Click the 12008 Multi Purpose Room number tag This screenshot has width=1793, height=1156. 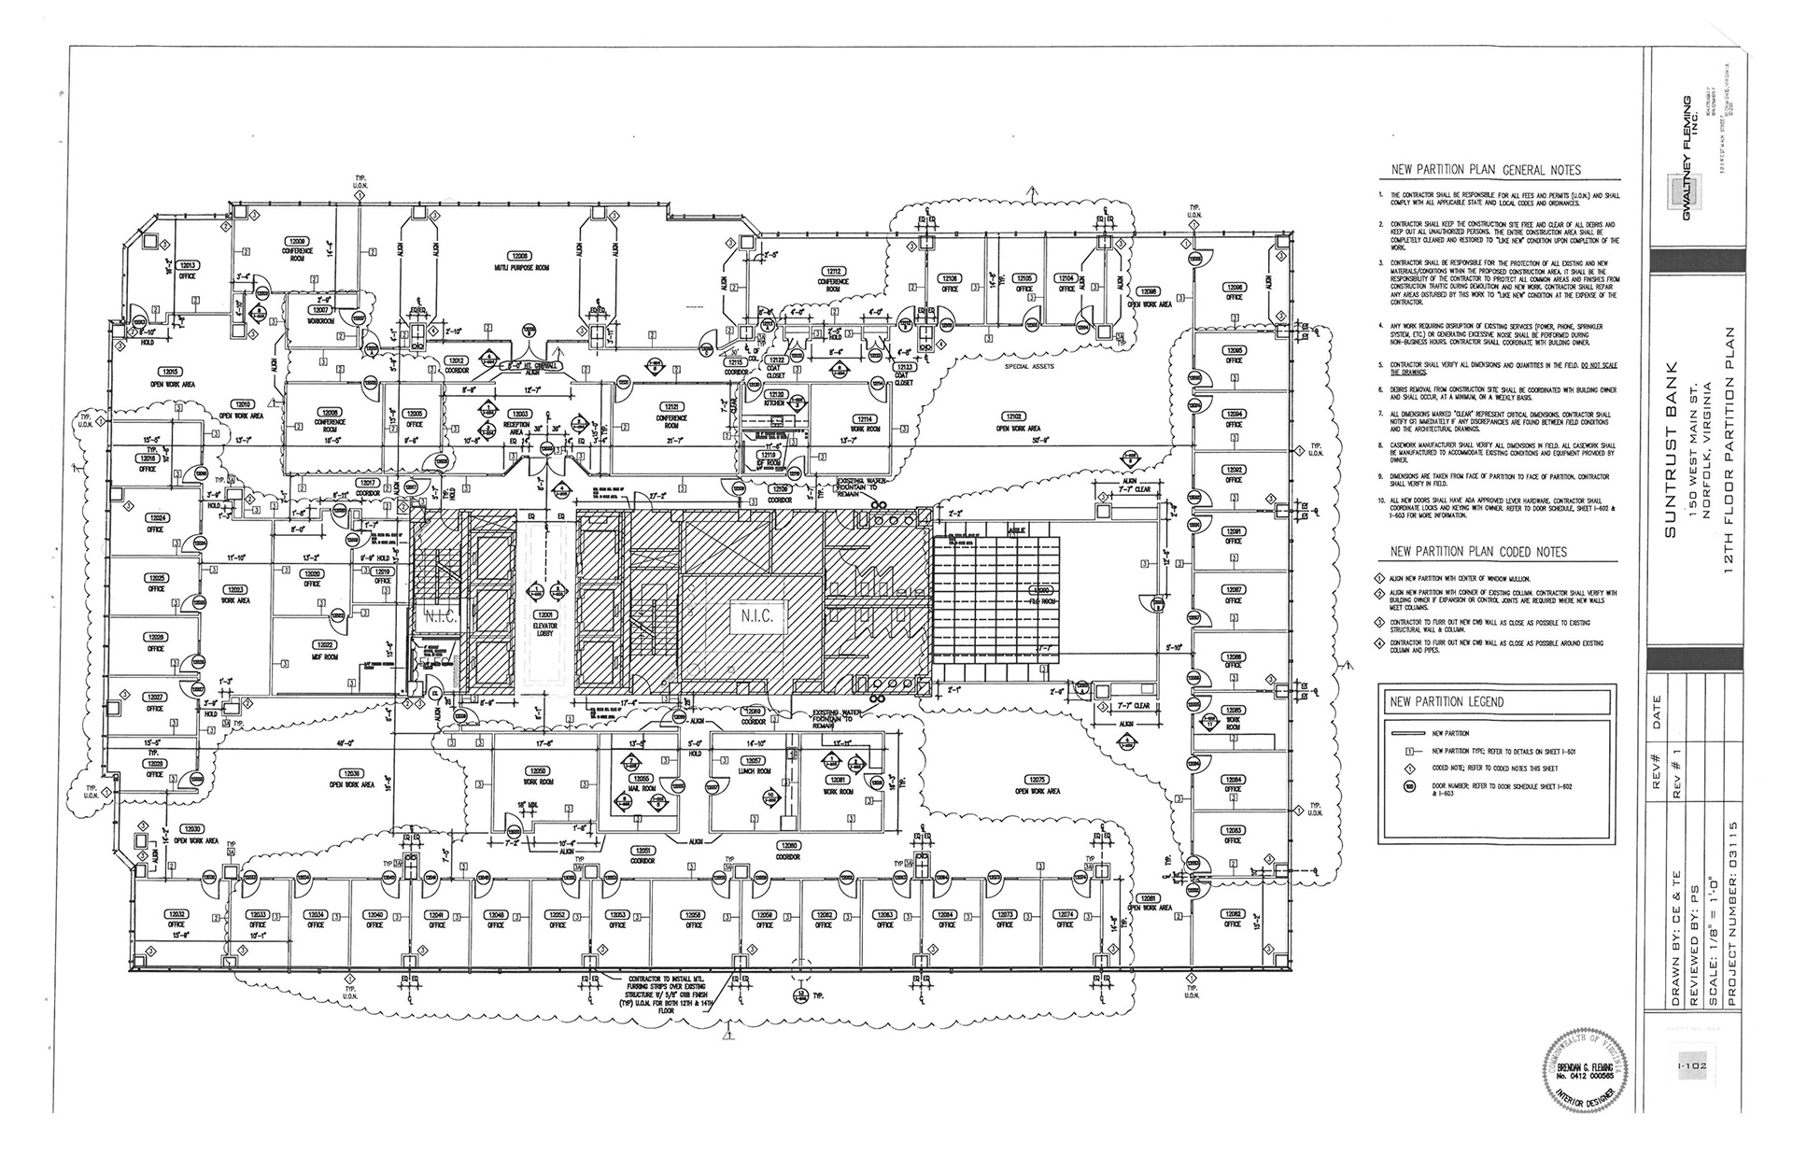518,256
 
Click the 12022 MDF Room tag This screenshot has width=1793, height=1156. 325,645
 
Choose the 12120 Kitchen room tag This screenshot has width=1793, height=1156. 776,395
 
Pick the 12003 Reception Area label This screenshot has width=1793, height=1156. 518,414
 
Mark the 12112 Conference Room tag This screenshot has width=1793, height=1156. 833,271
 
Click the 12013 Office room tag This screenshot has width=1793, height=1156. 188,265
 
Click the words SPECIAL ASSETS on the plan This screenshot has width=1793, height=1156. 1029,367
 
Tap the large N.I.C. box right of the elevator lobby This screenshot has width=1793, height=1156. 756,617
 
